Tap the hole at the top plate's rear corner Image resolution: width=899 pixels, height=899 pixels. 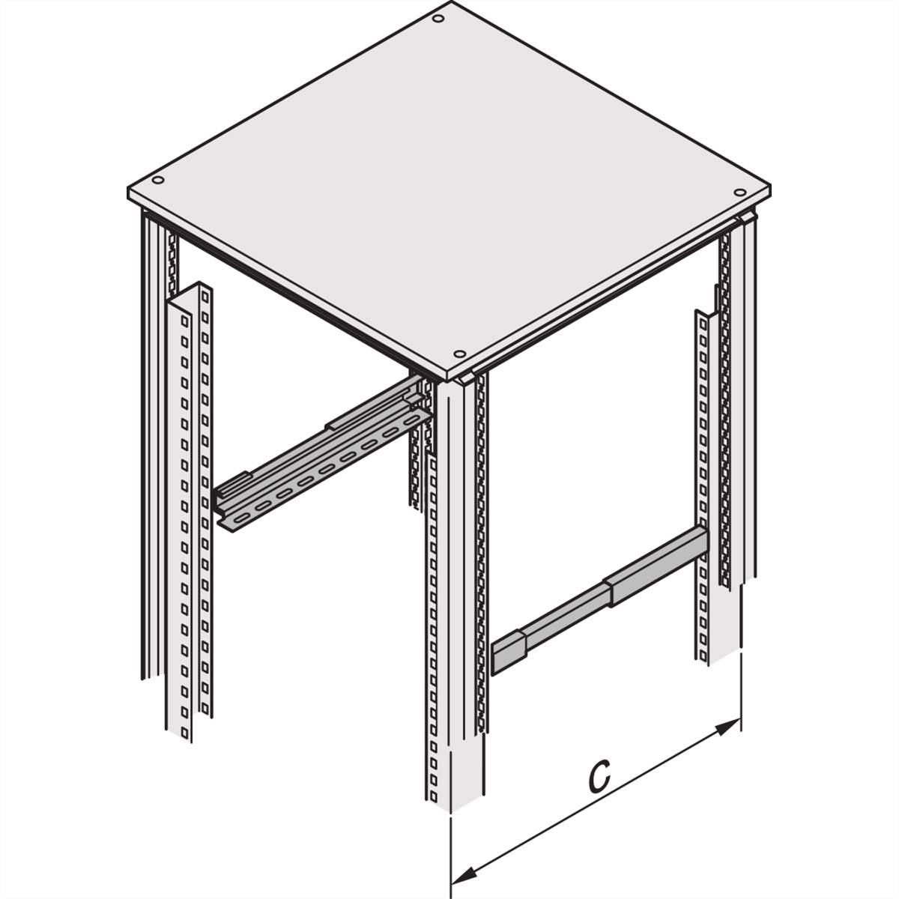click(438, 17)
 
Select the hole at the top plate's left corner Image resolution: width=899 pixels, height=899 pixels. click(157, 181)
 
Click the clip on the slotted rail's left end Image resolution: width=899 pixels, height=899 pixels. click(232, 487)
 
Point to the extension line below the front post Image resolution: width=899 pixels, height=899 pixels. click(451, 854)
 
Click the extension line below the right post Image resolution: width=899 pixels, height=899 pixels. click(741, 689)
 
